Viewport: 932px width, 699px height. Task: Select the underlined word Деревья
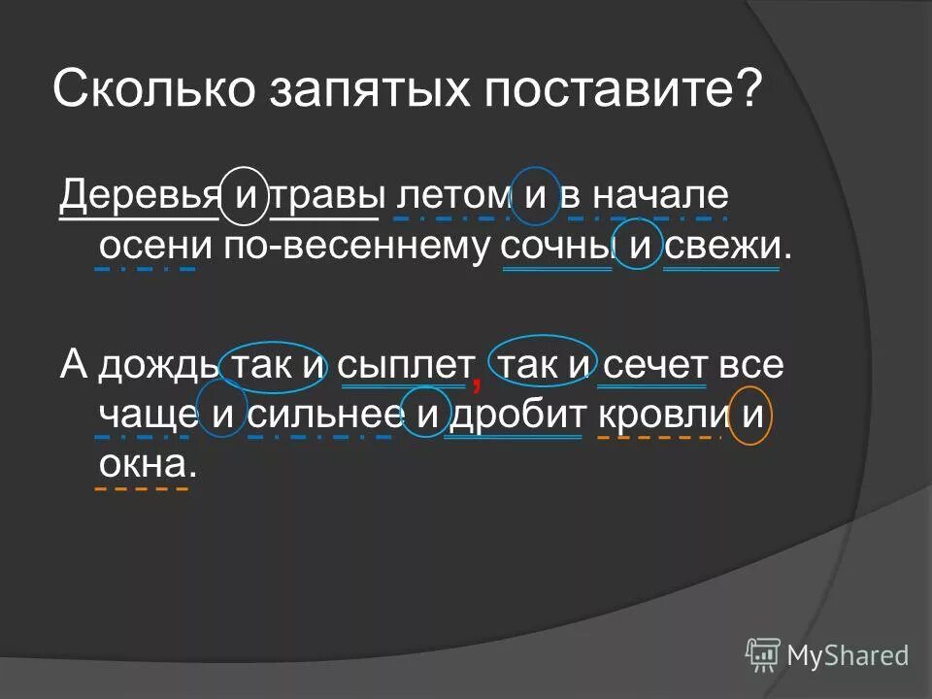click(140, 197)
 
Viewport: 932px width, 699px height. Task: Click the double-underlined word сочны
click(556, 248)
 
